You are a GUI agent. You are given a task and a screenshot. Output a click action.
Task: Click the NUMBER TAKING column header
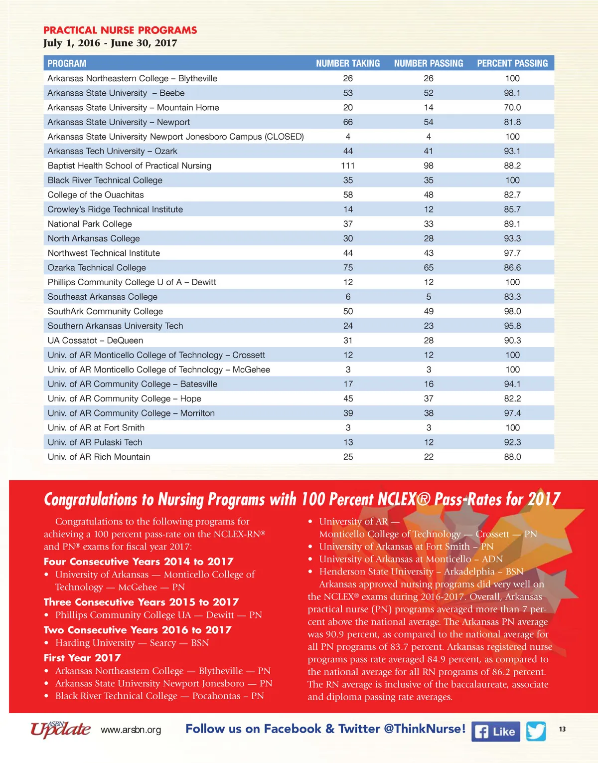[348, 63]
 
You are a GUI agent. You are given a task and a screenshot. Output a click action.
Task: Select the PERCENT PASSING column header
[512, 63]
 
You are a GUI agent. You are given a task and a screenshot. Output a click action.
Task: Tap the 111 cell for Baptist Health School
[348, 166]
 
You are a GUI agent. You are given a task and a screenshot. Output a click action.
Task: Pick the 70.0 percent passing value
[512, 107]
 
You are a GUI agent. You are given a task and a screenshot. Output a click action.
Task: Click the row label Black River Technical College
[105, 180]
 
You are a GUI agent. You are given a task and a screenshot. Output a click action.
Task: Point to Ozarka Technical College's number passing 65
[429, 267]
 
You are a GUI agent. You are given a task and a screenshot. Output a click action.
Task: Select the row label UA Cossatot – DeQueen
[95, 340]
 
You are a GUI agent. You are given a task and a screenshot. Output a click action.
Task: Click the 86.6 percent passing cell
[512, 267]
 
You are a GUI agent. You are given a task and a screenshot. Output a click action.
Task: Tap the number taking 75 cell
[348, 267]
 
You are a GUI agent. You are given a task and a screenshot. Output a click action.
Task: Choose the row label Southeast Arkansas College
[102, 297]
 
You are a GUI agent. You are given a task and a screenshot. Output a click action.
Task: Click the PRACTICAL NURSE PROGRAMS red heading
[120, 30]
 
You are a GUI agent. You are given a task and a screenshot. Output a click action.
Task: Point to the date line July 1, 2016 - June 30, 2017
[110, 43]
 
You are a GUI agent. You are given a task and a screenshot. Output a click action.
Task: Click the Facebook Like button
[495, 732]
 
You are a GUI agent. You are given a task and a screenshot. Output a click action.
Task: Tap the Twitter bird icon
[536, 731]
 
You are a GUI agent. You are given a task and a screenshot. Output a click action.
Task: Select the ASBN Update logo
[60, 729]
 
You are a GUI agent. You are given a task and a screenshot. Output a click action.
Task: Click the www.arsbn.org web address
[131, 730]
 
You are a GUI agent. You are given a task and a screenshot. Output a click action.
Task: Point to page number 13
[562, 729]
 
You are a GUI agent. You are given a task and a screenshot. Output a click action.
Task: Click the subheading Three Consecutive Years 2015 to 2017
[141, 602]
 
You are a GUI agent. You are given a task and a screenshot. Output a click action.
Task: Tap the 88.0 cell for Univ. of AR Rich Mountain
[512, 457]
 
